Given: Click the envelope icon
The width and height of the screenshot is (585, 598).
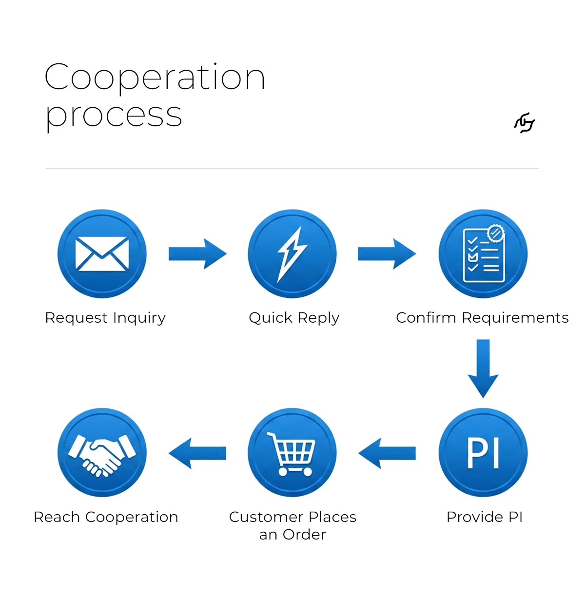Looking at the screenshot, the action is point(102,254).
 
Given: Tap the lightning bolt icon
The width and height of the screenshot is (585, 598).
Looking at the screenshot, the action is point(292,254).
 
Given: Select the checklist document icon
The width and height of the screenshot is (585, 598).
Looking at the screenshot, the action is point(484,253).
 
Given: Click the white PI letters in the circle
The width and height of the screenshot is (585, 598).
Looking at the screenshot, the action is point(483,453).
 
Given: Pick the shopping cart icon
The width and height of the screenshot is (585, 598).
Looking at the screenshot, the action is point(292,454).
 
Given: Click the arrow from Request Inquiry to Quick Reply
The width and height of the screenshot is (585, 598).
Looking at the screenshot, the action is point(197,254).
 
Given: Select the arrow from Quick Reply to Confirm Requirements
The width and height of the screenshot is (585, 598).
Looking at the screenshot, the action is point(387,254).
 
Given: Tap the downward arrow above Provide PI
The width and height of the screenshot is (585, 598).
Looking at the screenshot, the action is point(483,368).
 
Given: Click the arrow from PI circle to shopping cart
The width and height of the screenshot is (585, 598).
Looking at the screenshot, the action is point(387,453).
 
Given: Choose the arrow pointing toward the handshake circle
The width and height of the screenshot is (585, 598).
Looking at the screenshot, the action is point(197,453).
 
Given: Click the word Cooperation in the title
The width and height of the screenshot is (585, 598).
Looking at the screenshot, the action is point(155,77).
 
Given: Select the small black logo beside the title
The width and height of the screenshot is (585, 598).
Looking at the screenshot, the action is point(525,123).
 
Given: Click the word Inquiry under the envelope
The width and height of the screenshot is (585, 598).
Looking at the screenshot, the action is point(139,318).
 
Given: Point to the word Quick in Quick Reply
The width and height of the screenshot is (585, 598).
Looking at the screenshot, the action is point(271,318).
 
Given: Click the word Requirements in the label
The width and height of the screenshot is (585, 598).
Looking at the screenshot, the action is point(515,318).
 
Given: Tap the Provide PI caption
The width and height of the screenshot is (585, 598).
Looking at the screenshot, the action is point(485,517).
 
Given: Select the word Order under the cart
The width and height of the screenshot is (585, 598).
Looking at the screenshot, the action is point(304,535).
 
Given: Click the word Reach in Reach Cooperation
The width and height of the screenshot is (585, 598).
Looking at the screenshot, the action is point(57,517).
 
